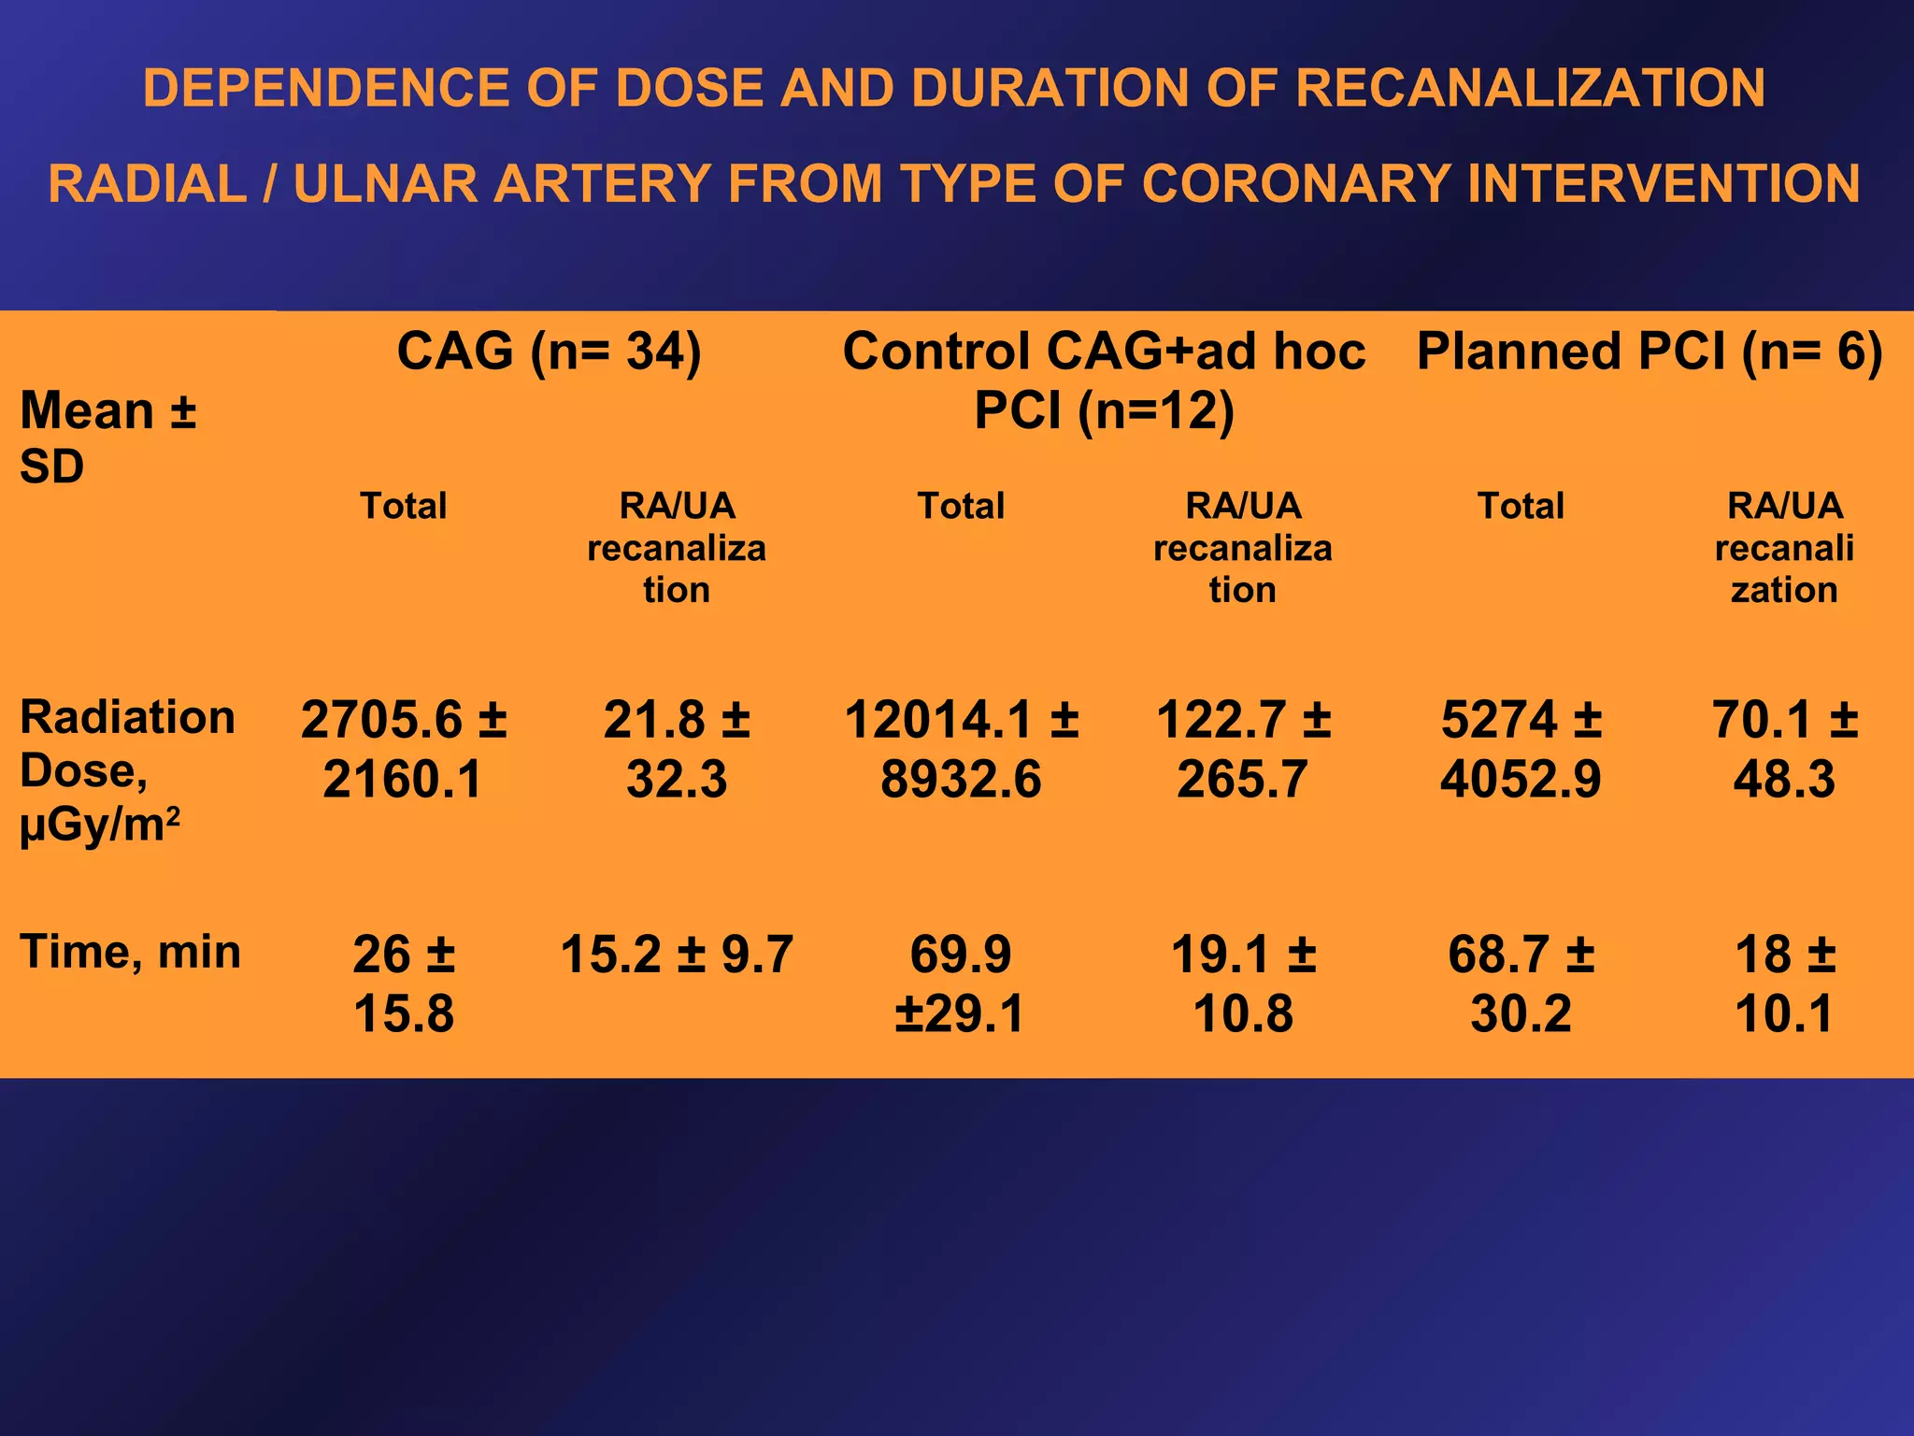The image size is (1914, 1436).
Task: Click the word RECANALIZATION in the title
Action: [1530, 88]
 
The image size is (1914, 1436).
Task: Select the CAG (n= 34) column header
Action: [549, 352]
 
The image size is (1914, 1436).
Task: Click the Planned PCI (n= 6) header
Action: [1650, 352]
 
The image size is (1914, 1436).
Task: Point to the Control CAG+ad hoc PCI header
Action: [1104, 381]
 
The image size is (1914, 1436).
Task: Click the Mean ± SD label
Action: [107, 438]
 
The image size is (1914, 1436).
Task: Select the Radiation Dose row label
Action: [127, 771]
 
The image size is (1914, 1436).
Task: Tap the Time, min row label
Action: [131, 952]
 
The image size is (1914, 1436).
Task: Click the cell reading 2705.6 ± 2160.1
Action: [404, 749]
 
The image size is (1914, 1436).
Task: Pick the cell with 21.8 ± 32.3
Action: [677, 749]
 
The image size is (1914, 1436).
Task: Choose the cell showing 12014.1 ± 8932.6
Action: [961, 749]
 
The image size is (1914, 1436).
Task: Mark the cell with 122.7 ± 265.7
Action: [1243, 749]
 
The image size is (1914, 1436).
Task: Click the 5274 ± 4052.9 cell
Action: [1521, 749]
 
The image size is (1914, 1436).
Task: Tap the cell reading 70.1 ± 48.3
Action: [1784, 749]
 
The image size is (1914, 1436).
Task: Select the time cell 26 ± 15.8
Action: [404, 984]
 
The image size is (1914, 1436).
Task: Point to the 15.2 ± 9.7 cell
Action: [677, 955]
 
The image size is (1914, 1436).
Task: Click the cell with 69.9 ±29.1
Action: [961, 984]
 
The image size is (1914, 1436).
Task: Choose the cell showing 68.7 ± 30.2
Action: [1521, 984]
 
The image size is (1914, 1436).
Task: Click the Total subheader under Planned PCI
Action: [1521, 506]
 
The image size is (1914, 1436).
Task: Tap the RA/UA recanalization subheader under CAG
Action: [677, 548]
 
